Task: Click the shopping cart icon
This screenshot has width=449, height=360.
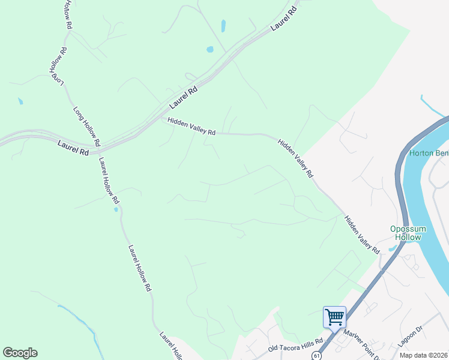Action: (x=334, y=316)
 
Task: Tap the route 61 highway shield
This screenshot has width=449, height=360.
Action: (x=316, y=355)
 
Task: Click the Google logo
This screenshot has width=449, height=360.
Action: (x=20, y=353)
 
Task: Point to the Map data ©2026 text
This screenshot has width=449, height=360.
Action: (x=424, y=355)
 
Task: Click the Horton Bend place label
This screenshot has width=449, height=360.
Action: (x=429, y=153)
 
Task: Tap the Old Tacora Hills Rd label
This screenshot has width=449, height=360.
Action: (x=295, y=349)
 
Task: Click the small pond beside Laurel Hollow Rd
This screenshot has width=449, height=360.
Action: (x=115, y=210)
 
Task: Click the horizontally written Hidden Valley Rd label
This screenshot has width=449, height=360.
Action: (x=191, y=126)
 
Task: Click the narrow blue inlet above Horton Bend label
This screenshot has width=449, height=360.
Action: (x=433, y=106)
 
